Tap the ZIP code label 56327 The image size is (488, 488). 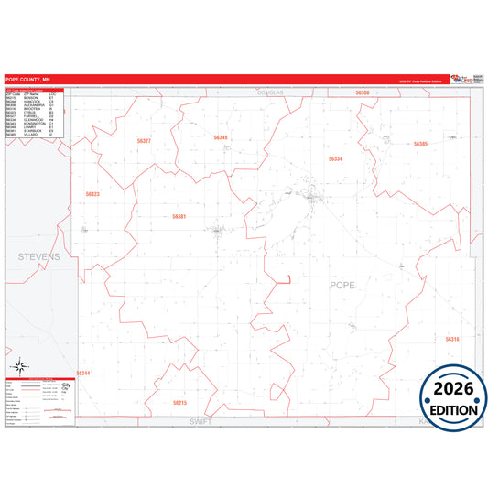(x=144, y=141)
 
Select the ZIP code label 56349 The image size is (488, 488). (x=221, y=138)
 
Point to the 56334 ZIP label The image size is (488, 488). (x=336, y=159)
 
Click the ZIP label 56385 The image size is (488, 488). (x=420, y=144)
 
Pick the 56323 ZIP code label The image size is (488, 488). (x=92, y=194)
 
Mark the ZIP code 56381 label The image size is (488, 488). (x=179, y=217)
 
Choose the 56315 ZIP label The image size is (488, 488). (x=452, y=339)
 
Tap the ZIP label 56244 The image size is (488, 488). (x=83, y=374)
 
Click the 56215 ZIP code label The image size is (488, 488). (x=179, y=402)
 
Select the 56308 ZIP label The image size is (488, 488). (x=363, y=93)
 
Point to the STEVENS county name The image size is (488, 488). (x=38, y=257)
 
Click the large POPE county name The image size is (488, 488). (x=342, y=286)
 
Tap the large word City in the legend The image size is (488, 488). (x=64, y=385)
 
